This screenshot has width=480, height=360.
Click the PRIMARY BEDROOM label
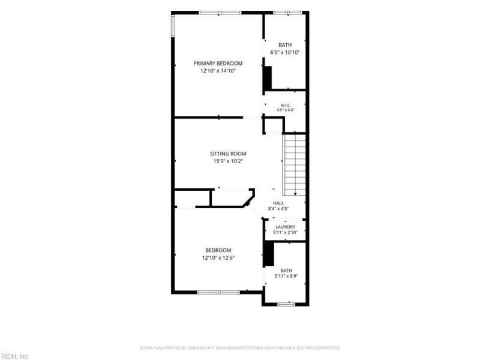(x=218, y=64)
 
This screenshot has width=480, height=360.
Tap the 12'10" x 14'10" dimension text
(x=218, y=71)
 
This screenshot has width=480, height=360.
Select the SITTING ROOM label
(x=228, y=154)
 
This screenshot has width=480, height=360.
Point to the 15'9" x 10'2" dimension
(x=228, y=161)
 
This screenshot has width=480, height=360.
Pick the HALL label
(x=278, y=203)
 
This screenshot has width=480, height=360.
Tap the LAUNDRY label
(x=286, y=227)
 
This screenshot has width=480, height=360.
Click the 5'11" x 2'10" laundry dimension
(x=286, y=232)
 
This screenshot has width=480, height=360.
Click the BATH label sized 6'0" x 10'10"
(x=285, y=45)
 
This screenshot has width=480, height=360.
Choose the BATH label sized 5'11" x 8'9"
(x=286, y=271)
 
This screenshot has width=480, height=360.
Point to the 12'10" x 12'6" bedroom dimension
(x=218, y=258)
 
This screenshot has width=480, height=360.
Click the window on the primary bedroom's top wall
(x=220, y=13)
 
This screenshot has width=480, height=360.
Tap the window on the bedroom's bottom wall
(x=218, y=292)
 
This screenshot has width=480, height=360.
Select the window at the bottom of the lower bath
(x=286, y=304)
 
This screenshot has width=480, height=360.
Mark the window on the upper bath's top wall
(x=287, y=13)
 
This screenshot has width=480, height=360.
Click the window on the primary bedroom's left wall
(x=173, y=26)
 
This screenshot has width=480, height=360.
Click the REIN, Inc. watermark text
(x=14, y=356)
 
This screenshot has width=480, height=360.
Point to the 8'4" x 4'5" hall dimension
(x=278, y=209)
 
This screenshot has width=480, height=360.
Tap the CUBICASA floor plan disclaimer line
(x=240, y=348)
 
